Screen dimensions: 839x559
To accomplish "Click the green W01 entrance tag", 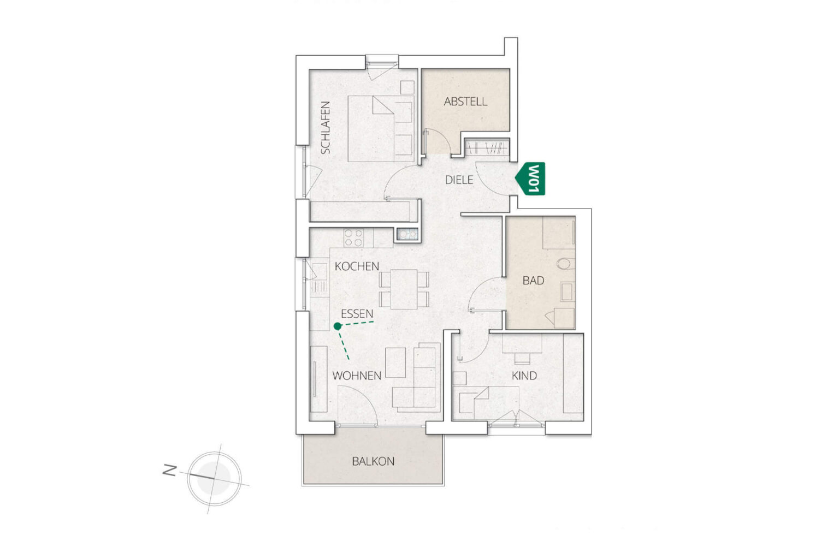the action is tap(530, 179).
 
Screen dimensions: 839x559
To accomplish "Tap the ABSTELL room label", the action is tap(465, 102).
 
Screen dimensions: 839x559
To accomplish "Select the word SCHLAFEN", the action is tap(325, 128).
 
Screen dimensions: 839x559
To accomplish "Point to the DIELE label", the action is tap(459, 180).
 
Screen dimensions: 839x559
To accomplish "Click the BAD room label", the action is tap(533, 281).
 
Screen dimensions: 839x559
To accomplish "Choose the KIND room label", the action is tap(524, 376).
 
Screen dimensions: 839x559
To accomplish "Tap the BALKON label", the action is tap(373, 461).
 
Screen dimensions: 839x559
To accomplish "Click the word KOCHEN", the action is tap(357, 266).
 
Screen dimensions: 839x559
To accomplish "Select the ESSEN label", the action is tap(357, 314).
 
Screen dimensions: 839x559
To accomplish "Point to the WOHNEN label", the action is tap(357, 376).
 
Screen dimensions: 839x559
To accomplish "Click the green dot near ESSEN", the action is tap(338, 326).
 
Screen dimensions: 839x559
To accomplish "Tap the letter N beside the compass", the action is tap(170, 470).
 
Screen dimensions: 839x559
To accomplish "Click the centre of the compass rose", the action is tap(214, 479).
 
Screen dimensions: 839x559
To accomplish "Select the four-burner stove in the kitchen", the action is tap(353, 238).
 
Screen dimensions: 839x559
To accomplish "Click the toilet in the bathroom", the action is tap(565, 264).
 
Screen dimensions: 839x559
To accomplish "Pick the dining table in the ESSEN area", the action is tap(404, 289).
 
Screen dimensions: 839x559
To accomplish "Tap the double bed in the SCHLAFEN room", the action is tap(381, 129).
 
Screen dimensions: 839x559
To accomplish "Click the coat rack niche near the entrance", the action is tap(487, 147).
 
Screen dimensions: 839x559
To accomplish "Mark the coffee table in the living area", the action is tap(396, 362).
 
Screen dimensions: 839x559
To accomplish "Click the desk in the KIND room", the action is tap(522, 343).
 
